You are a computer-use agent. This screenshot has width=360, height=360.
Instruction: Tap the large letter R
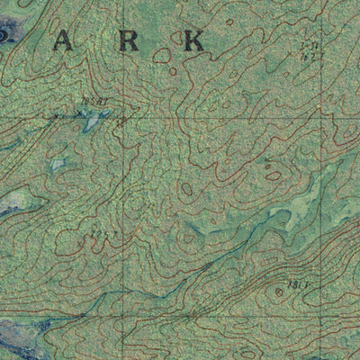[132, 40]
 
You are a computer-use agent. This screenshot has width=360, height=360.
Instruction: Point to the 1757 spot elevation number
[101, 238]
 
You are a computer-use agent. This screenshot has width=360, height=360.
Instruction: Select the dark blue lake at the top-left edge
[7, 34]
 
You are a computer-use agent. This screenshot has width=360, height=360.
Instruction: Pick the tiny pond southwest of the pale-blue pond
[58, 165]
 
